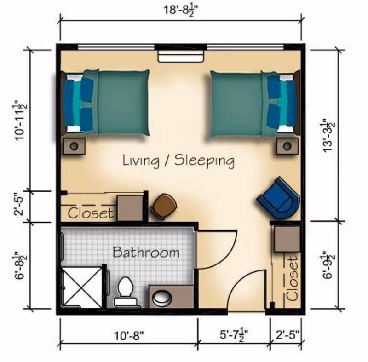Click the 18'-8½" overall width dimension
pos(180,11)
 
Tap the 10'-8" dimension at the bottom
pos(129,335)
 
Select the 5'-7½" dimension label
pos(234,335)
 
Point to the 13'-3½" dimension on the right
pos(328,136)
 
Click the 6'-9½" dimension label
pos(328,264)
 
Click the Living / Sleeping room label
pos(178,161)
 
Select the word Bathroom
pos(146,253)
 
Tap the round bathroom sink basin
pos(162,297)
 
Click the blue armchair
pos(279,198)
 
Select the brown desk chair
pos(164,206)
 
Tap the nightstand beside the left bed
pos(74,146)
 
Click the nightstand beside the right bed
pos(287,146)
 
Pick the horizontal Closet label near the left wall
pos(90,213)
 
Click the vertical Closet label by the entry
pos(292,278)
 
